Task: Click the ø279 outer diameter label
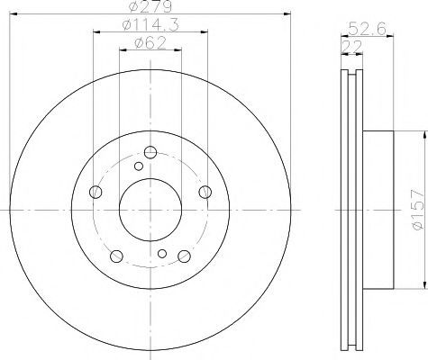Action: (150, 6)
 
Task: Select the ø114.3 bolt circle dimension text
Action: (150, 25)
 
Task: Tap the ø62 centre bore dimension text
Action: (150, 43)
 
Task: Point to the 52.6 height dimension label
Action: (367, 29)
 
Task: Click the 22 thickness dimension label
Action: (352, 47)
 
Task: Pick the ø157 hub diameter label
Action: (418, 210)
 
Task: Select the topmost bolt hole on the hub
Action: (150, 152)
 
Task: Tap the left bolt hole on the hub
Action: (96, 192)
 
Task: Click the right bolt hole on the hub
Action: (205, 192)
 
